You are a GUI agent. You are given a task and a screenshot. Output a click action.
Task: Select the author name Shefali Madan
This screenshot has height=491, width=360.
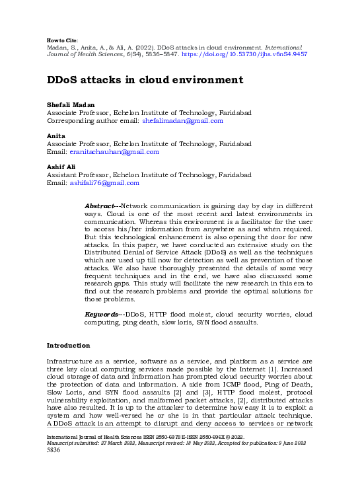(71, 105)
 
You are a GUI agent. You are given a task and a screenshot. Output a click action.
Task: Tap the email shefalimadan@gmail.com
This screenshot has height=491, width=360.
(183, 121)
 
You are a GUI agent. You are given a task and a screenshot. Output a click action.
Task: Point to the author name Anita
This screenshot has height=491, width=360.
(55, 135)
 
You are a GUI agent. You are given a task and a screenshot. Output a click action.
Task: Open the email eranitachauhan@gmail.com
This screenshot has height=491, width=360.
(114, 151)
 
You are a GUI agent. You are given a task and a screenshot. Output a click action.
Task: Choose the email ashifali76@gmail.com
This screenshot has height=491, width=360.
(104, 182)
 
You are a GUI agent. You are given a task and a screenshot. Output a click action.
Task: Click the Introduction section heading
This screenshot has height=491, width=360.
(68, 345)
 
